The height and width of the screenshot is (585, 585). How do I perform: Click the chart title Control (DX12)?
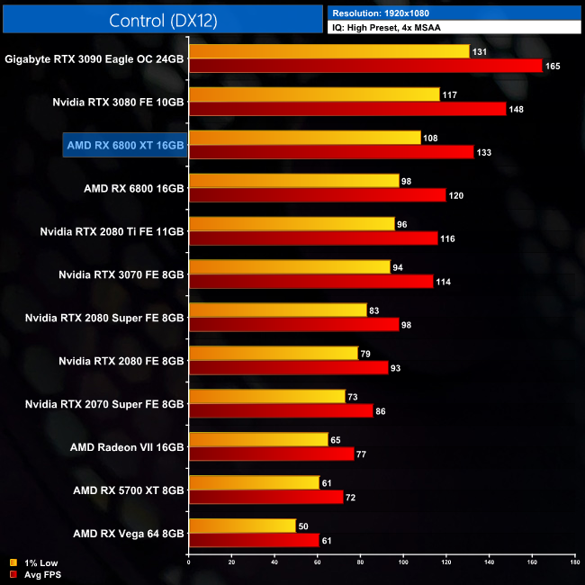point(162,22)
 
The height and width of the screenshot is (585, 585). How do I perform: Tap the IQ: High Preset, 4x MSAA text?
point(387,28)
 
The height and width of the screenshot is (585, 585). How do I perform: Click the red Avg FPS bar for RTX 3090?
point(365,66)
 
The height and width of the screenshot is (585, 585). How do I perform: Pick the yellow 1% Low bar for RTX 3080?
point(314,94)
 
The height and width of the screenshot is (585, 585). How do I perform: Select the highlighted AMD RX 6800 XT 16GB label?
point(125,145)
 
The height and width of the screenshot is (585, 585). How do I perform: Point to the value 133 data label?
point(483,152)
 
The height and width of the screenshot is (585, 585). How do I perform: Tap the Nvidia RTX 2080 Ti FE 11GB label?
point(112,231)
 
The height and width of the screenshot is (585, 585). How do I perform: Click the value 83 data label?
point(376,310)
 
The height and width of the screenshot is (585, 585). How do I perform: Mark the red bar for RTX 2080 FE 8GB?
point(288,367)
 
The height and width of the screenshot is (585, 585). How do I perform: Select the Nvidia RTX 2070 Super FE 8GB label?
point(105,403)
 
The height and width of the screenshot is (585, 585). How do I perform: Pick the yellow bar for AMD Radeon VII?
point(258,439)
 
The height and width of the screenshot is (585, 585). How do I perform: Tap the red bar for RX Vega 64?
point(254,540)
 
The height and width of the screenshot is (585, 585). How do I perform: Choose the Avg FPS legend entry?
point(40,573)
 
